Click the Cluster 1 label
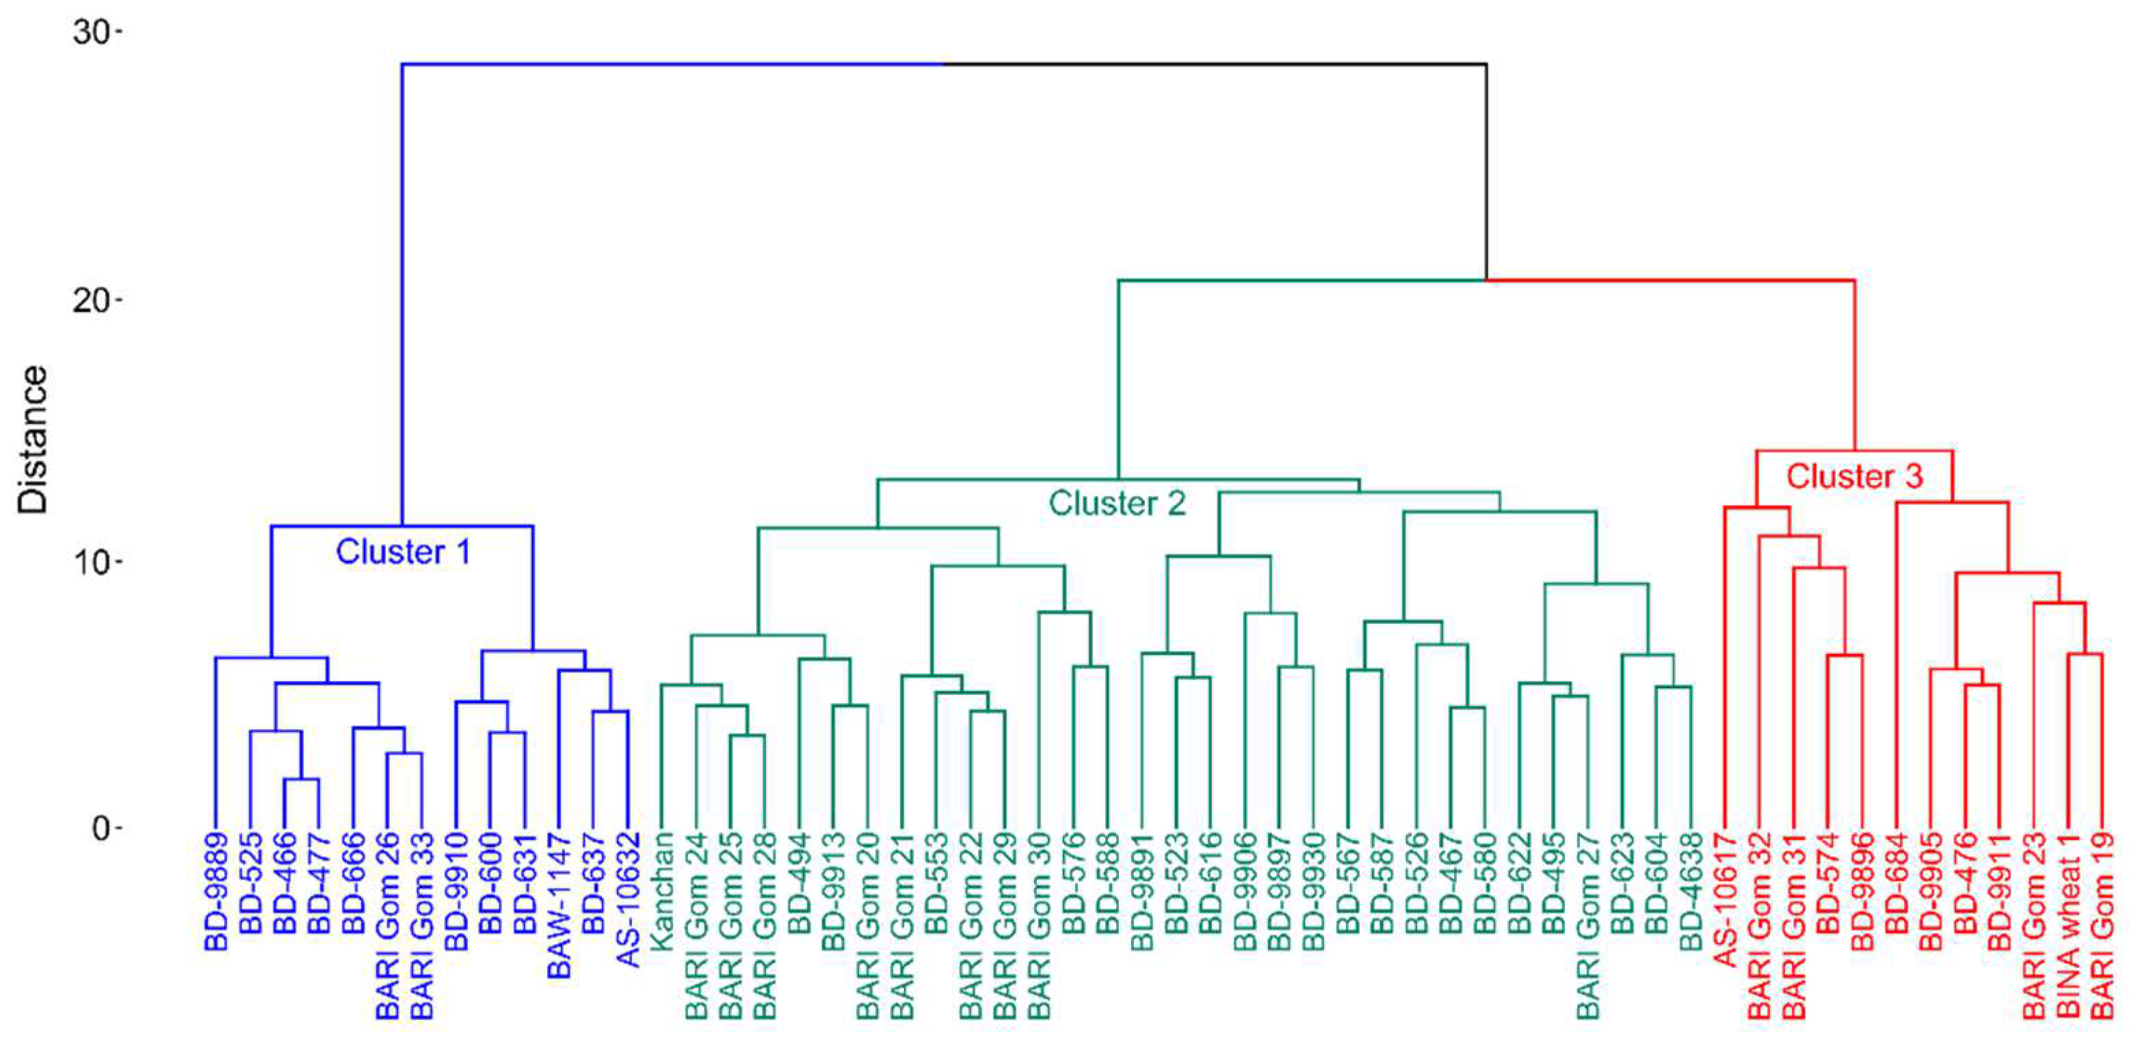point(403,552)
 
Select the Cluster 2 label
point(1117,503)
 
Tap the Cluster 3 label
point(1855,476)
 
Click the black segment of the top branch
point(1215,64)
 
